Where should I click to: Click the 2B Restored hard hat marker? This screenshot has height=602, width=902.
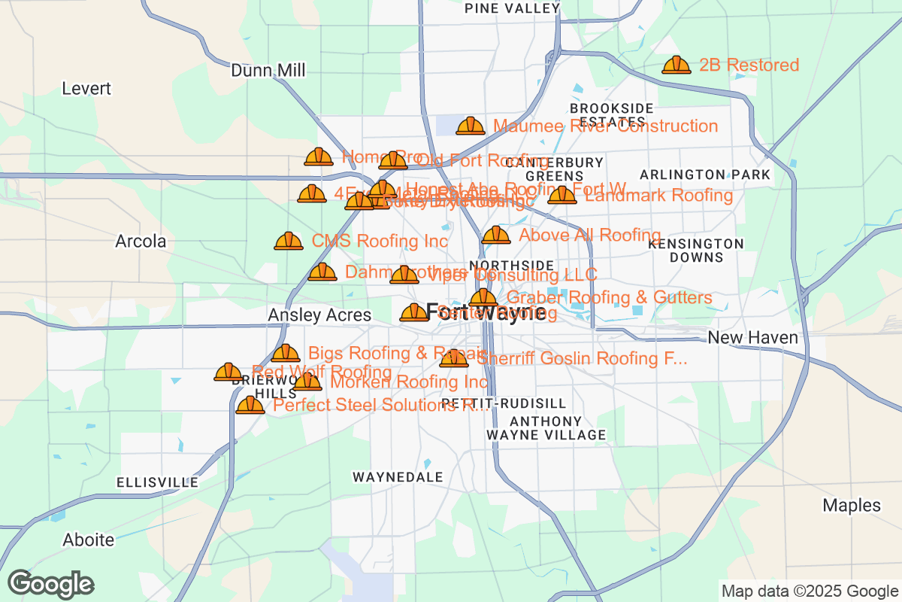pos(676,65)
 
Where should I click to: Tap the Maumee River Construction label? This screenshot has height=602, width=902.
pos(605,126)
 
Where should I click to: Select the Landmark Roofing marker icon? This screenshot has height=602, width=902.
pos(561,196)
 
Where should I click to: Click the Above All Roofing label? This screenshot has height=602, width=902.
pos(590,236)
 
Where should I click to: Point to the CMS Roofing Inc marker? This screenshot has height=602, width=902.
pos(289,242)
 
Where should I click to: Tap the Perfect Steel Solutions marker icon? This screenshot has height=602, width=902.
pos(250,406)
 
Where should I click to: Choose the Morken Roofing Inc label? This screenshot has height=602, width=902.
pos(409,382)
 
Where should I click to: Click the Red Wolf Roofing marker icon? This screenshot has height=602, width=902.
pos(229,372)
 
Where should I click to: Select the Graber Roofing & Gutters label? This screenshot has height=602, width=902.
pos(610,298)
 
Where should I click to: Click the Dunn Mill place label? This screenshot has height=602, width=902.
pos(268,71)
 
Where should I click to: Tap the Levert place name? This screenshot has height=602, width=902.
pos(86,89)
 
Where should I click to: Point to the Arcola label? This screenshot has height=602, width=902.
pos(141,242)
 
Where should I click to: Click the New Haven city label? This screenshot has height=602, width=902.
pos(752,338)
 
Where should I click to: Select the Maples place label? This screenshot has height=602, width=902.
pos(851,505)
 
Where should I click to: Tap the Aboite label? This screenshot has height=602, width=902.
pos(89,540)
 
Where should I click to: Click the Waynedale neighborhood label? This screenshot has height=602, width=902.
pos(398,477)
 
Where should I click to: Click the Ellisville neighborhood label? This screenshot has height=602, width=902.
pos(157,482)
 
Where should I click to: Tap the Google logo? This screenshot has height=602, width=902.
pos(51,584)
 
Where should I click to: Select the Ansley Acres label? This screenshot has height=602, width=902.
pos(319,315)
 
